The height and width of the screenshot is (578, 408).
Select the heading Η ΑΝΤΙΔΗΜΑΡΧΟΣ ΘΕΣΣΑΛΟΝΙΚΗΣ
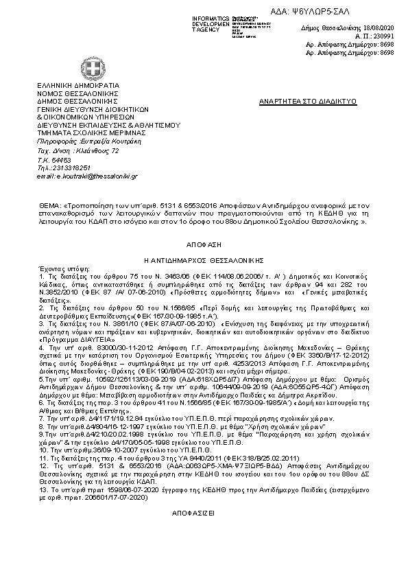coord(204,262)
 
